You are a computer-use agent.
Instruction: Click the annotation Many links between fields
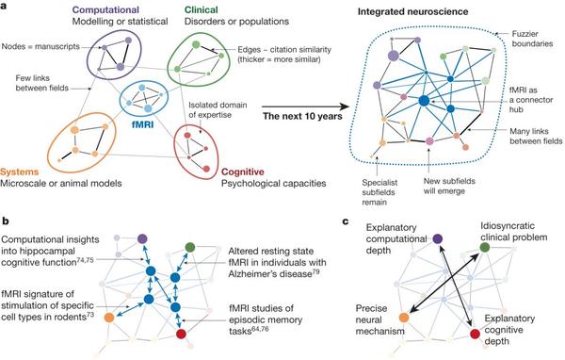click(x=527, y=133)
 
